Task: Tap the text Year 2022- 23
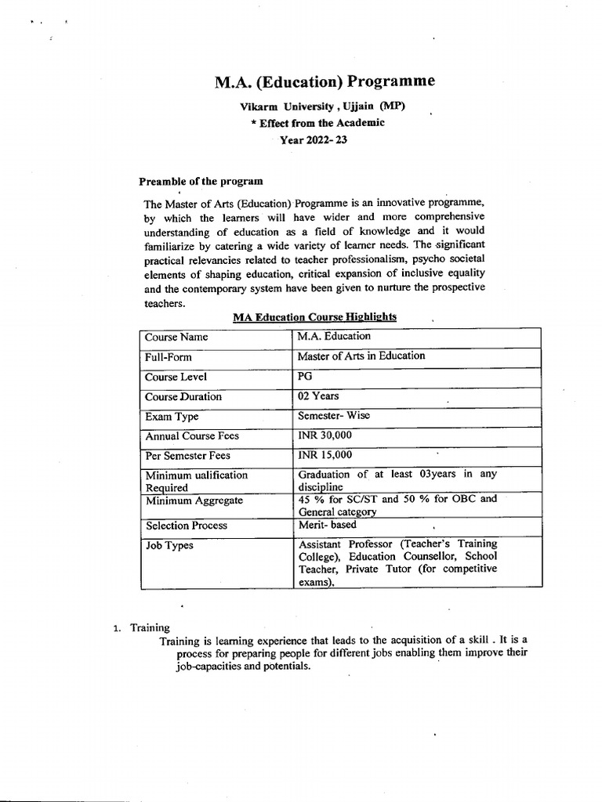coord(314,139)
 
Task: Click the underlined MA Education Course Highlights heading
coord(314,316)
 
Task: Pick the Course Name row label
coord(176,337)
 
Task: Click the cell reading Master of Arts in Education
coord(361,356)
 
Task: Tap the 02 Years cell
coord(318,396)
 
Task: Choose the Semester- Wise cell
coord(333,416)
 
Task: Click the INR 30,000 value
coord(325,435)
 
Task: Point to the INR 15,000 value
coord(325,455)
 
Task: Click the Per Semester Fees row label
coord(188,455)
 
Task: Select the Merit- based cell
coord(326,526)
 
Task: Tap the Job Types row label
coord(169,545)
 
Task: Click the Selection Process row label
coord(187,526)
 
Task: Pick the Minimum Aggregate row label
coord(194,500)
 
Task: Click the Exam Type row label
coord(172,416)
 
